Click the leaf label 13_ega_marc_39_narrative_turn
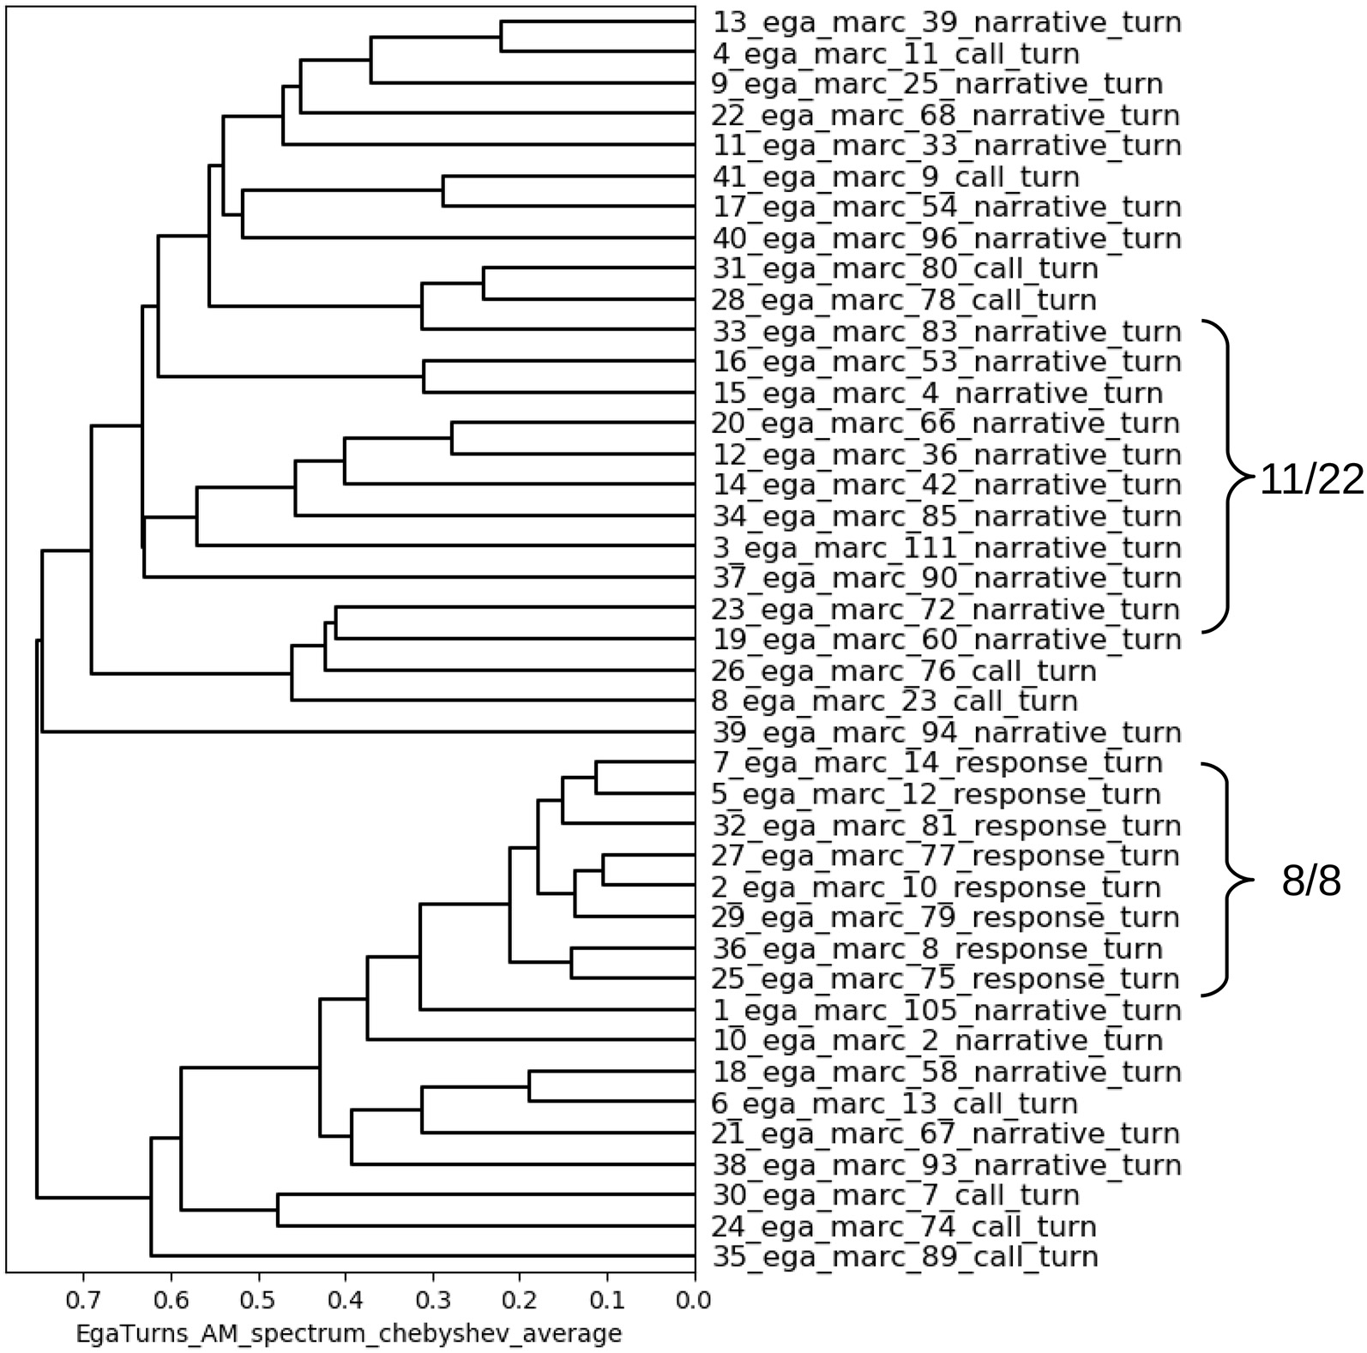(x=947, y=23)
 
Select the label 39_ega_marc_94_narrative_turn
(x=947, y=733)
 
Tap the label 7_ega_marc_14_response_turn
(x=937, y=763)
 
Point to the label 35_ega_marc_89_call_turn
(x=905, y=1258)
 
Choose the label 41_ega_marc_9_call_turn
(x=896, y=177)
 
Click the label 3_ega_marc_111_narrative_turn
(x=947, y=548)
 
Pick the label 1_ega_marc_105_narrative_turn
(x=947, y=1011)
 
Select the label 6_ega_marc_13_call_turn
(x=895, y=1103)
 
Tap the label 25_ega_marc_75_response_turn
(x=946, y=979)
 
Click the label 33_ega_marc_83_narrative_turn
(x=947, y=332)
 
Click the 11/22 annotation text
(x=1310, y=482)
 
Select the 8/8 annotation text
(x=1310, y=881)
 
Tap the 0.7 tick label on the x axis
(x=83, y=1301)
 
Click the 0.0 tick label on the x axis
(x=694, y=1301)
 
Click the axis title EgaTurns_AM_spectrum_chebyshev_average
(x=348, y=1334)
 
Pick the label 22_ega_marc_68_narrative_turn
(x=947, y=116)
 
